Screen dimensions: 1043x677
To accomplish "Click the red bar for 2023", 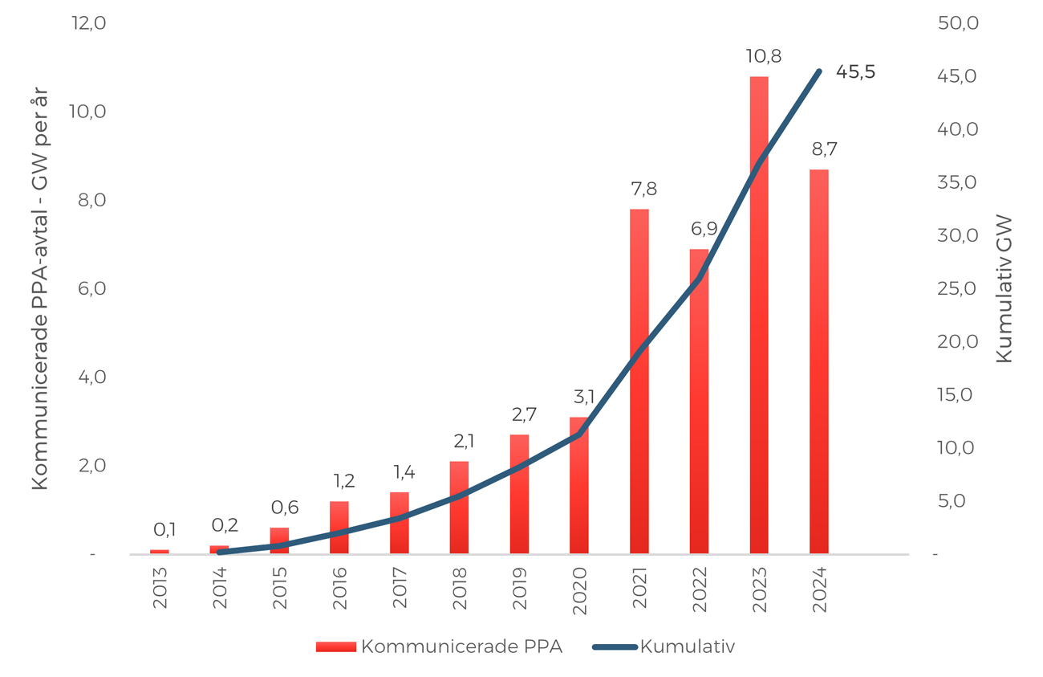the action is (759, 315).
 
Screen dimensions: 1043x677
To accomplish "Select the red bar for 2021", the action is (639, 381).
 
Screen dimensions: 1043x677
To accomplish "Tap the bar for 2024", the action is (819, 361).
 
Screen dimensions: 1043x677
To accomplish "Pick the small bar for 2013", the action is (159, 552).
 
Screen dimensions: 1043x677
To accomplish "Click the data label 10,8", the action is (764, 56).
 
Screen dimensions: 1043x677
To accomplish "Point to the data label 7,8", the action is (644, 190).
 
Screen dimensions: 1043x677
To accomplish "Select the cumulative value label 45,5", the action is (855, 72).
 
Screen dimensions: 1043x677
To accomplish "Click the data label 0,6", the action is (285, 508).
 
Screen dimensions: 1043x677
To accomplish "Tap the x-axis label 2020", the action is (579, 591).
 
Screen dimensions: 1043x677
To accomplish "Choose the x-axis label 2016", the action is (339, 589).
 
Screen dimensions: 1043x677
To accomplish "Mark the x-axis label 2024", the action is (819, 590).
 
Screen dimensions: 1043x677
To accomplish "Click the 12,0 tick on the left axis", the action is (88, 22).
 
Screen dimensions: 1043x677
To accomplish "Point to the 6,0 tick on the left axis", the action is (91, 289).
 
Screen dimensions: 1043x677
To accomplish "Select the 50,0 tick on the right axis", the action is (958, 22).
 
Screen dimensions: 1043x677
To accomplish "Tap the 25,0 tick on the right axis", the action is (956, 289).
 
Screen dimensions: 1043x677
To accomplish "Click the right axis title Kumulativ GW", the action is (1004, 289).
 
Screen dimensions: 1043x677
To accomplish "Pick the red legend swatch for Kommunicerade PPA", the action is (336, 647).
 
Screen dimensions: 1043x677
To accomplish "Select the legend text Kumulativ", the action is (688, 646).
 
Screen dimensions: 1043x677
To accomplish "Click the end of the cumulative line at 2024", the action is (819, 71).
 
